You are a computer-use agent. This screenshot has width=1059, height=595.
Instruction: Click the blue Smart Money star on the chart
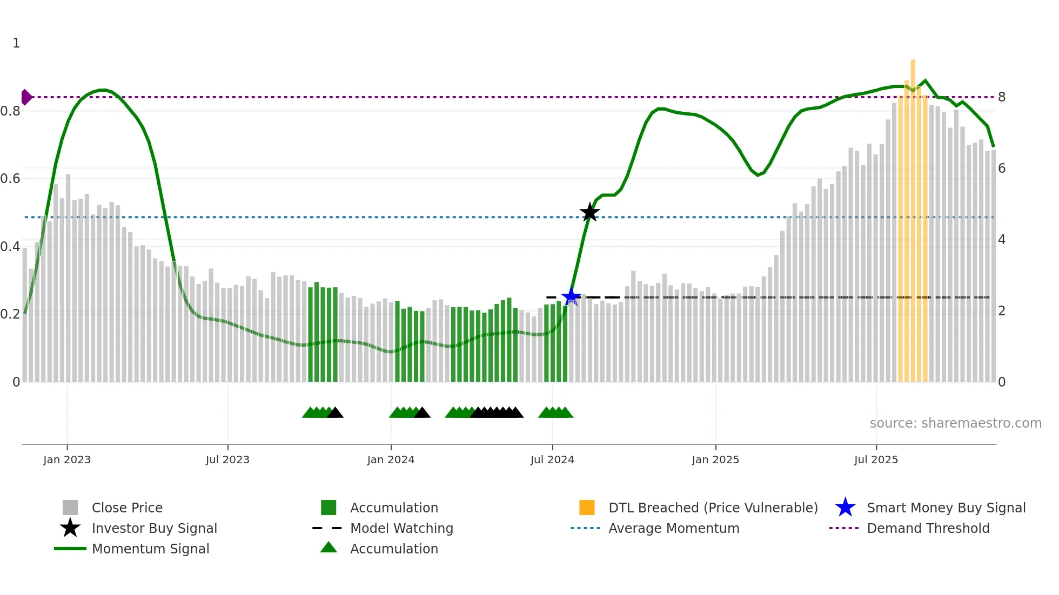pos(571,296)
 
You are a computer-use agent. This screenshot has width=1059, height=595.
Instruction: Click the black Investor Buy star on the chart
pos(589,212)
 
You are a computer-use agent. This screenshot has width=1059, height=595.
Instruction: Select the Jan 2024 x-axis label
pos(391,459)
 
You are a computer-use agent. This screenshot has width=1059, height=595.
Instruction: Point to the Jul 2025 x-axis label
pos(876,459)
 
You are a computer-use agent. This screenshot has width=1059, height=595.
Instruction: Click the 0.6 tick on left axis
pos(10,179)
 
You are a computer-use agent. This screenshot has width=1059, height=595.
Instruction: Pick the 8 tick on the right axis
pos(1002,97)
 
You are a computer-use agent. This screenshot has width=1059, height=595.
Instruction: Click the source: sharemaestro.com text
pos(955,423)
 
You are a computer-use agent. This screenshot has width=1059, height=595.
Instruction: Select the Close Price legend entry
pos(127,508)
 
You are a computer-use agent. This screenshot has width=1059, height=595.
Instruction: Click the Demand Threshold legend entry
pos(928,528)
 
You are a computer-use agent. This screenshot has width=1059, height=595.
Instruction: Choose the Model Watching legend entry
pos(401,528)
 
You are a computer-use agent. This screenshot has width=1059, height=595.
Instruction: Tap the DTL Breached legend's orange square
pos(587,508)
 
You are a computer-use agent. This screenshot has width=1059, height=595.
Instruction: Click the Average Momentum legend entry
pos(674,528)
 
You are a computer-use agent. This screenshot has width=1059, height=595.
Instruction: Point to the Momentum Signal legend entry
pos(150,549)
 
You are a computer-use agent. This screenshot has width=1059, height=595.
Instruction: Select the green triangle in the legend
pos(329,547)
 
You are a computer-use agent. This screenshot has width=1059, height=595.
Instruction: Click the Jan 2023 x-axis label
pos(67,459)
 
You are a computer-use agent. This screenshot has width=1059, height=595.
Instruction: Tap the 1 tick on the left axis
pos(16,43)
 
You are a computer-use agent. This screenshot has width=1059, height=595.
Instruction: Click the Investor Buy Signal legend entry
pos(154,528)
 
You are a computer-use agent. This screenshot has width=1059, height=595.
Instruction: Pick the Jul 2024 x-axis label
pos(552,459)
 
